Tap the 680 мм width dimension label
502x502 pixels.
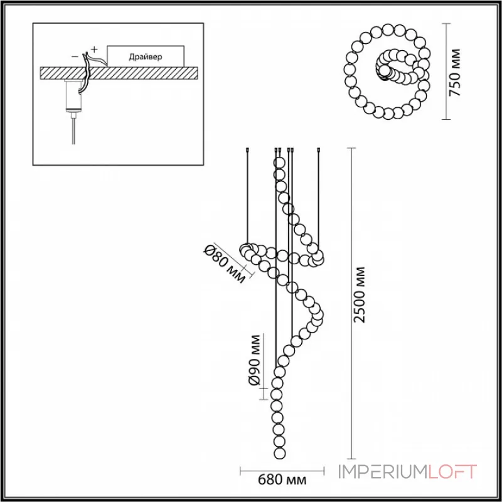(282, 481)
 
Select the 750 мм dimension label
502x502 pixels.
(457, 72)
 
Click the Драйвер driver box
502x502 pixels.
(146, 56)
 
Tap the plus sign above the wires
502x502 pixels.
(94, 48)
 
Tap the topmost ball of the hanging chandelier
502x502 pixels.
(279, 163)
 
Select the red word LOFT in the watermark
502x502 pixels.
(453, 471)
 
